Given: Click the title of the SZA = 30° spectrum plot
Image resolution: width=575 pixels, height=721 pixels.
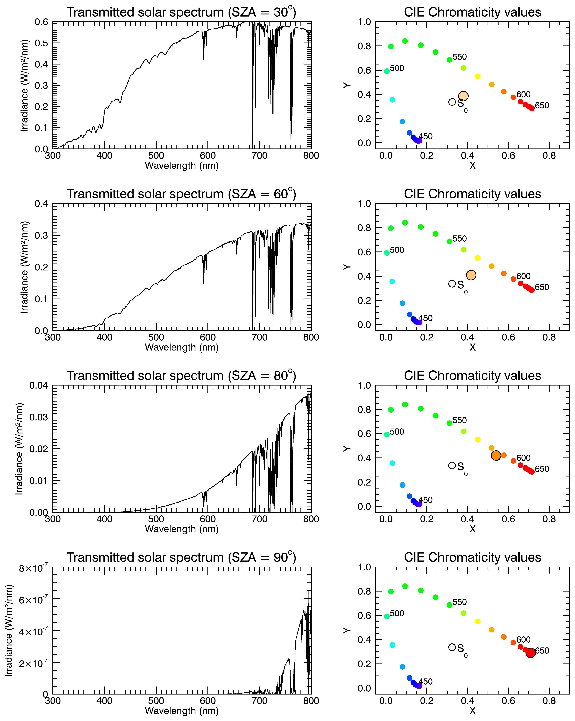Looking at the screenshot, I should pyautogui.click(x=182, y=12).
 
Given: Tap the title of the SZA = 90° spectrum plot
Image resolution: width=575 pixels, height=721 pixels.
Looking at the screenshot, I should pyautogui.click(x=182, y=558).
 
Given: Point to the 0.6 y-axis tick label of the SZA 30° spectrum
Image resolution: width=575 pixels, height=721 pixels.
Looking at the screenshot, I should pyautogui.click(x=41, y=22).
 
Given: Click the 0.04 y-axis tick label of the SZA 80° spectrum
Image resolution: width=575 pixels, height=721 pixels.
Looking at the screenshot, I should pyautogui.click(x=39, y=386).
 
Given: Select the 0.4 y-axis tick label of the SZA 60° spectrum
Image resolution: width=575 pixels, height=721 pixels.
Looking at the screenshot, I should pyautogui.click(x=41, y=204).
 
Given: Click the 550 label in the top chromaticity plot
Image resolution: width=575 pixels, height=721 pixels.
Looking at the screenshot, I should pyautogui.click(x=460, y=57).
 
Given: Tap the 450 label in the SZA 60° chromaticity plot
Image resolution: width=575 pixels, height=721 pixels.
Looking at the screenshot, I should pyautogui.click(x=426, y=318).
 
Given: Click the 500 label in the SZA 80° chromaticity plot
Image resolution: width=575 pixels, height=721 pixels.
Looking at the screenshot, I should pyautogui.click(x=397, y=432).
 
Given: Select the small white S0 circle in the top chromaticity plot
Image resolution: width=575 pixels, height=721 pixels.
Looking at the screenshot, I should pyautogui.click(x=452, y=102).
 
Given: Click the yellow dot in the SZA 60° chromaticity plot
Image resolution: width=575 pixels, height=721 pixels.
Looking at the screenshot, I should pyautogui.click(x=478, y=258).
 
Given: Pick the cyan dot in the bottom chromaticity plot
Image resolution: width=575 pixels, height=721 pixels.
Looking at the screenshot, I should pyautogui.click(x=392, y=645).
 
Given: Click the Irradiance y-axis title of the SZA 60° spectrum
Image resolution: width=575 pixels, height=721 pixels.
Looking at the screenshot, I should pyautogui.click(x=24, y=267).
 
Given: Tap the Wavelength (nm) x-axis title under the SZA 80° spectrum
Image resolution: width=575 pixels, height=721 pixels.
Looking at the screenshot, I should pyautogui.click(x=182, y=529).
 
